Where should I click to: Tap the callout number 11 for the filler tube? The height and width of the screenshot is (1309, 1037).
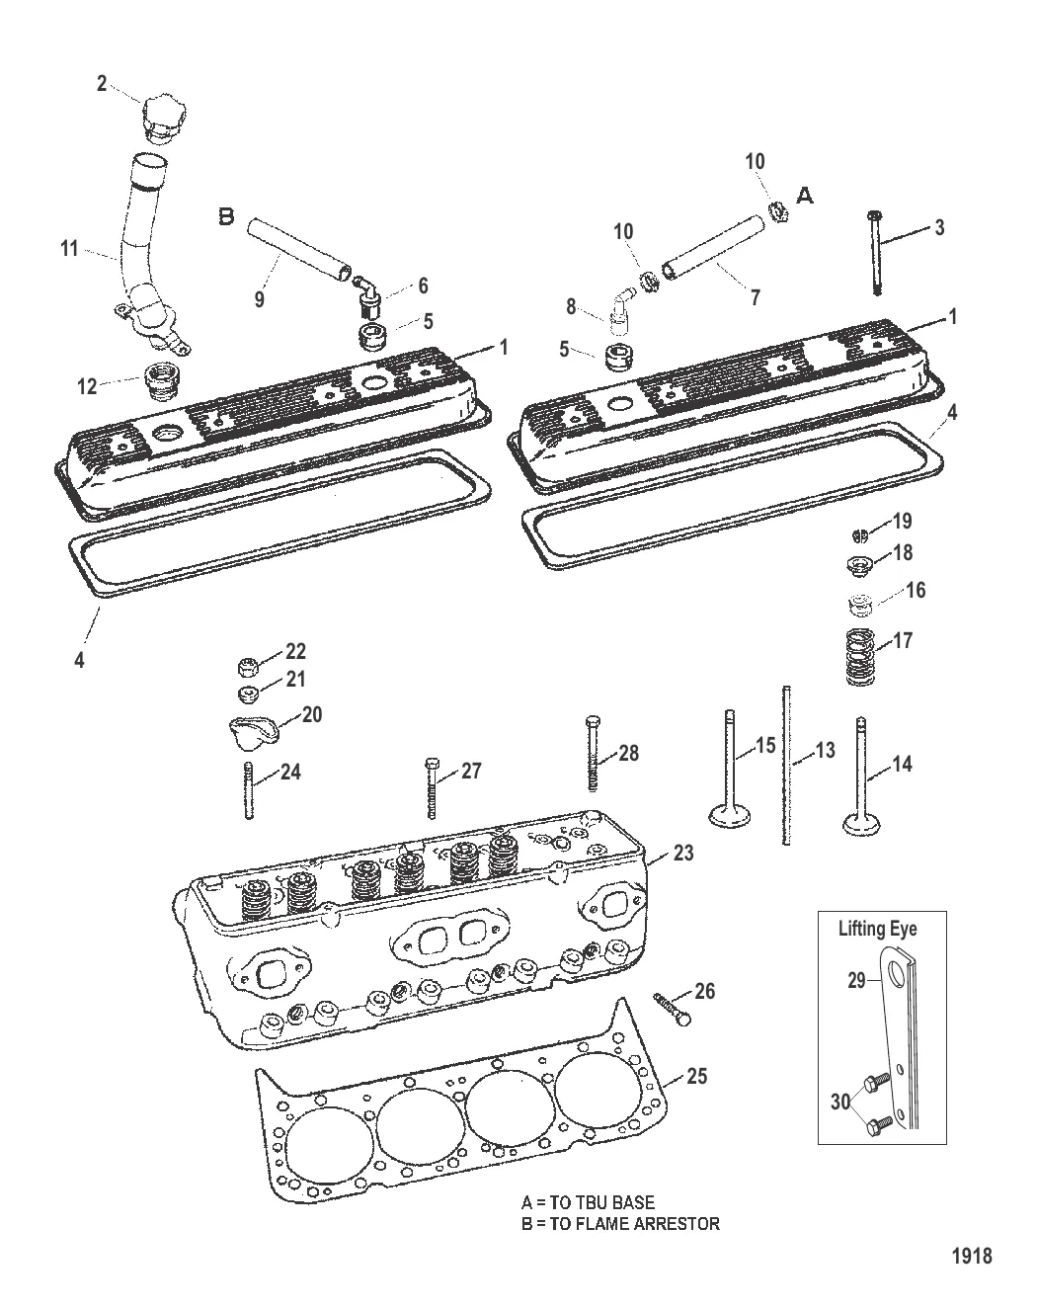pos(69,250)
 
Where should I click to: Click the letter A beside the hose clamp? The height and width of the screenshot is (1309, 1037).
pos(805,197)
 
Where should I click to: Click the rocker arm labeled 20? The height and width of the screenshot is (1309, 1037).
pos(251,732)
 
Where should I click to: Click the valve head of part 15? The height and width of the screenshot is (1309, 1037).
pos(731,815)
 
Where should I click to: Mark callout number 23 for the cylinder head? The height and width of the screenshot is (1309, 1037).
pos(683,854)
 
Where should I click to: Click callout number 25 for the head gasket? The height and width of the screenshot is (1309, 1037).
pos(696,1076)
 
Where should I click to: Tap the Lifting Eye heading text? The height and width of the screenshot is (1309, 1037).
pos(877,929)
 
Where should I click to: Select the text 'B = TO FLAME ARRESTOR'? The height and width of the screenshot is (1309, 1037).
pos(620,1224)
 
